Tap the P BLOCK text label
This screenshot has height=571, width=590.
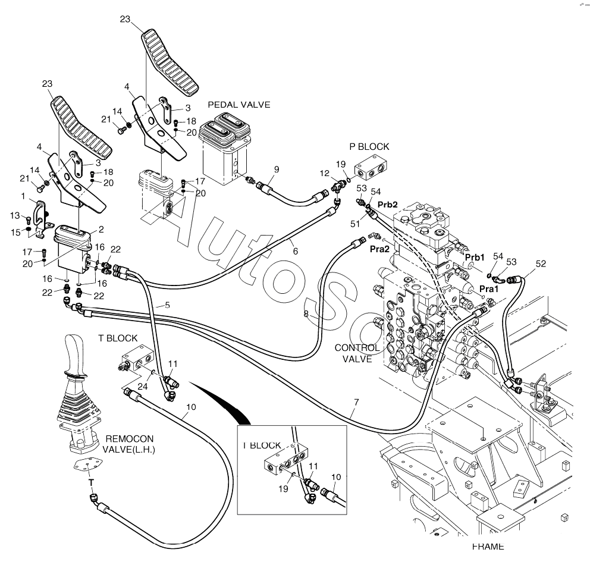point(369,146)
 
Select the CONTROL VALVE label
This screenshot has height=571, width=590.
point(357,353)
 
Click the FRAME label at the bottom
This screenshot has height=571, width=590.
point(488,547)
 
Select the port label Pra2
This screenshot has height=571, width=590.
point(379,249)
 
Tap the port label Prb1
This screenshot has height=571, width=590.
point(475,258)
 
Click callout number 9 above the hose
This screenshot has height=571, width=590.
point(277,170)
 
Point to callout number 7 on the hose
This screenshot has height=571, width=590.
point(355,402)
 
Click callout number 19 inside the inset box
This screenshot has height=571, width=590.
point(284,488)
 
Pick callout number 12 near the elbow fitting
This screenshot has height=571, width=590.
point(324,173)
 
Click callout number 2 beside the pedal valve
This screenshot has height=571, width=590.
point(101,229)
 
